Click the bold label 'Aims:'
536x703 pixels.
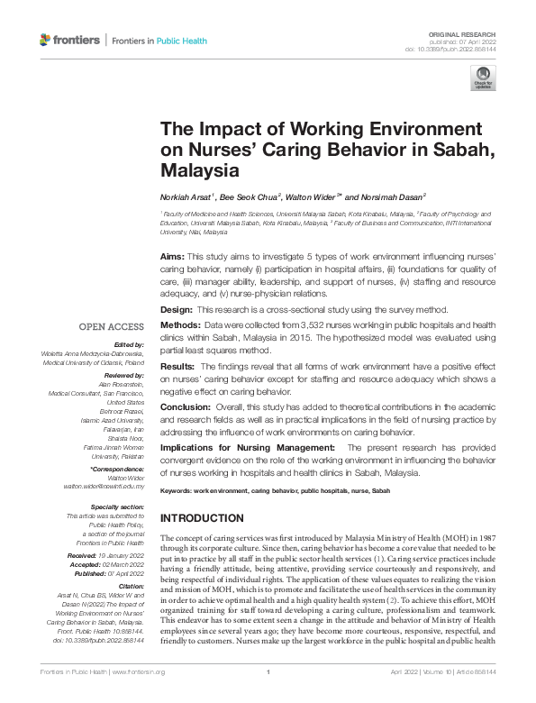[172, 257]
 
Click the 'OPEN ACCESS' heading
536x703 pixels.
[113, 326]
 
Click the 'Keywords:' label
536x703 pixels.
[176, 490]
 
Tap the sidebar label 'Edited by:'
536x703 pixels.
[128, 344]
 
